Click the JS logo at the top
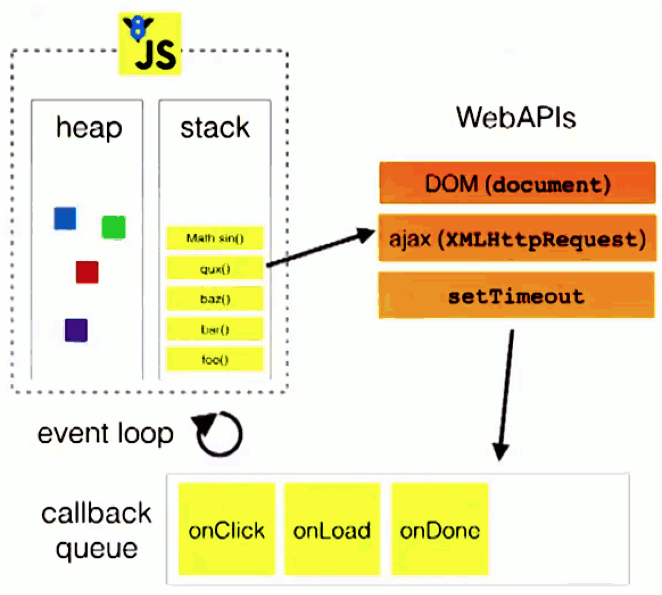pos(150,43)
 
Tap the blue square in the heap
pos(65,218)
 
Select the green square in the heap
pos(114,227)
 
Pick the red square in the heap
pos(87,272)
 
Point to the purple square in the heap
pos(76,330)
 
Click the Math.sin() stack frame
pos(215,238)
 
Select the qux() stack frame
pos(215,268)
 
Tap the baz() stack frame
pos(215,299)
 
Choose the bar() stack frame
pos(215,329)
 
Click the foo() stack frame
pos(215,360)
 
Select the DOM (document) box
pos(517,183)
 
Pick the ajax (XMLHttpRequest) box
pos(517,238)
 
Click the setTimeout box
pos(516,295)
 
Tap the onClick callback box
pos(227,529)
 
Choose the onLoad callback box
pos(332,529)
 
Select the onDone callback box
pos(440,529)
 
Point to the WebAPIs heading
pos(516,117)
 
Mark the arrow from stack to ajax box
pos(321,248)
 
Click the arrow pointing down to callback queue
pos(506,395)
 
